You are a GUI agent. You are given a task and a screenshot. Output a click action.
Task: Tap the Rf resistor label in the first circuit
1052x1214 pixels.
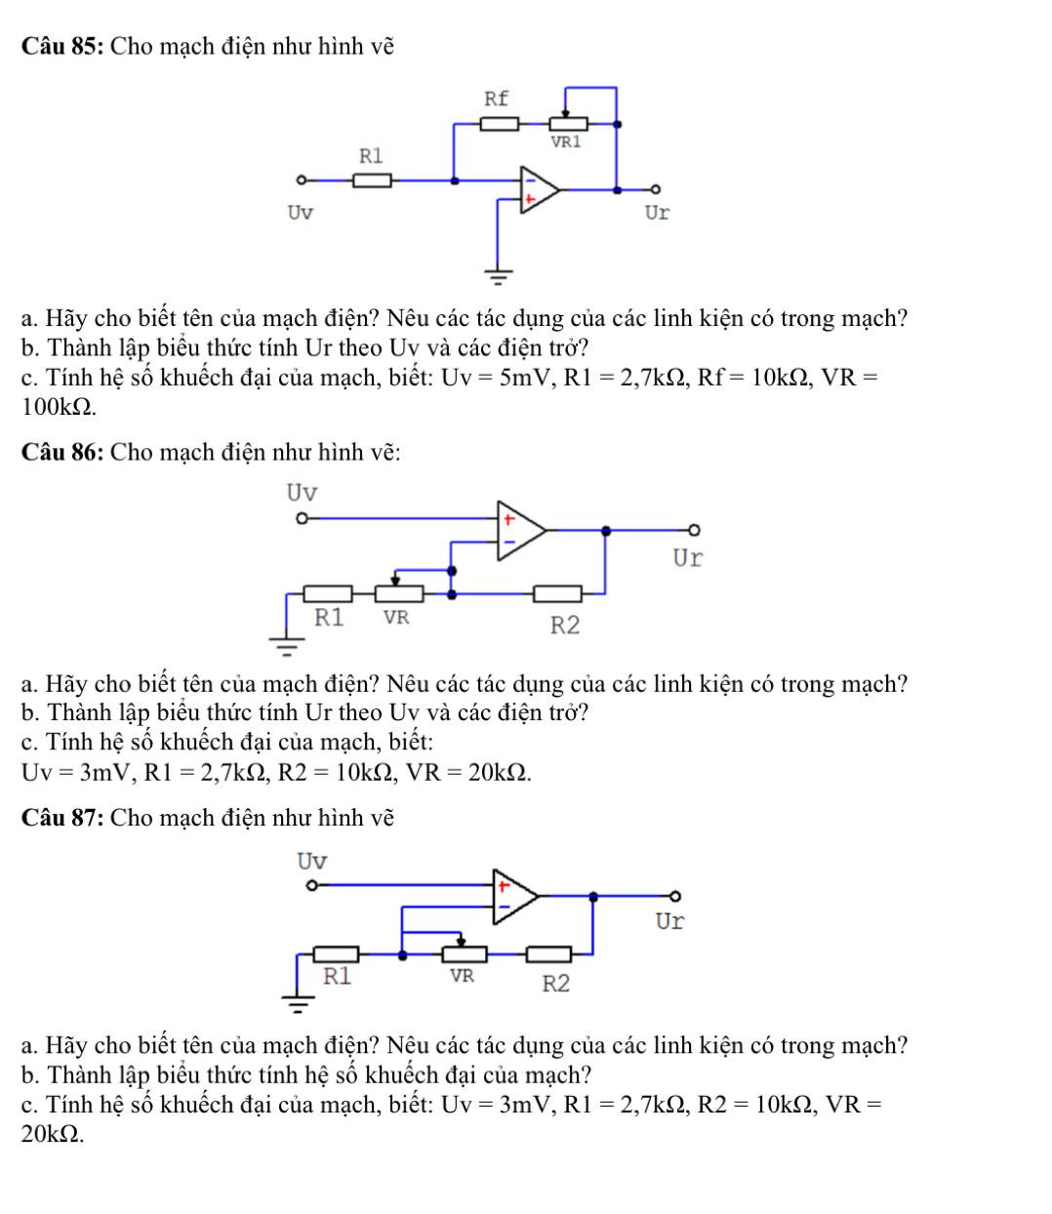pyautogui.click(x=497, y=99)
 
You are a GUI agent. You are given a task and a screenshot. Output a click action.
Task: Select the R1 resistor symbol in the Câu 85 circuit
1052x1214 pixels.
pyautogui.click(x=372, y=180)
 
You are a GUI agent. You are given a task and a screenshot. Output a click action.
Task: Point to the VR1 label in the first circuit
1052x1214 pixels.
pyautogui.click(x=566, y=142)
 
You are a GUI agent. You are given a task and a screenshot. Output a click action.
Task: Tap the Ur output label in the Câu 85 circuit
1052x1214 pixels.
pyautogui.click(x=657, y=213)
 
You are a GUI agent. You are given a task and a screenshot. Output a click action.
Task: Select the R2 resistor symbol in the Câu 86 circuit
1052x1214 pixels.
pyautogui.click(x=557, y=593)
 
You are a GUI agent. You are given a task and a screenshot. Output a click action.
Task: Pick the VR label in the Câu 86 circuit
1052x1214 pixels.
pyautogui.click(x=396, y=618)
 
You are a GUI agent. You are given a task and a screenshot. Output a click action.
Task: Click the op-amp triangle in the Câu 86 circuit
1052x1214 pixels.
pyautogui.click(x=519, y=531)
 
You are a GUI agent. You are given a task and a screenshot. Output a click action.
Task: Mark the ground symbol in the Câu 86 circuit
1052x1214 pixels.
pyautogui.click(x=287, y=641)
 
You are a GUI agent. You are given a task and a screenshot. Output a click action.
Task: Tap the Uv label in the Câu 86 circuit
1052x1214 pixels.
pyautogui.click(x=302, y=493)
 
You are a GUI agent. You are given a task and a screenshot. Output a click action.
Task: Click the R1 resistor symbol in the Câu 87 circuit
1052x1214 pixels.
pyautogui.click(x=335, y=954)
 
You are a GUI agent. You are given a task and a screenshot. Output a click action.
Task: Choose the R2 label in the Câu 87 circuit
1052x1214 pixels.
pyautogui.click(x=555, y=984)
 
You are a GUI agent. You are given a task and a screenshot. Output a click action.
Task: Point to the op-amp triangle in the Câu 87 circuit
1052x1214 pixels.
pyautogui.click(x=513, y=895)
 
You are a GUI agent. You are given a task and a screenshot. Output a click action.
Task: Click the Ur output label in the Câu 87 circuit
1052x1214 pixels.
pyautogui.click(x=669, y=921)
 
